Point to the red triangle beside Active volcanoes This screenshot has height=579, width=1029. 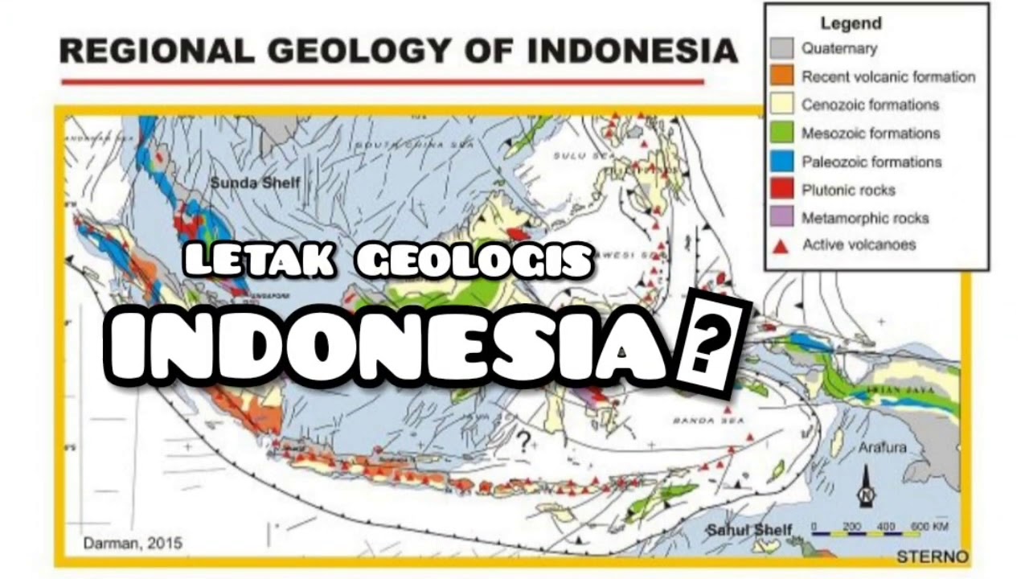click(780, 245)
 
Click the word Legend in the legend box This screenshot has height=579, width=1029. click(851, 23)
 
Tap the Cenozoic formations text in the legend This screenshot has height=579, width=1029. click(870, 105)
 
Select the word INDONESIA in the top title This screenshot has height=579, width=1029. click(633, 51)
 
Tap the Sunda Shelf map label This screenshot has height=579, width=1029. click(255, 183)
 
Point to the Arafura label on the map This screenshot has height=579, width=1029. click(882, 447)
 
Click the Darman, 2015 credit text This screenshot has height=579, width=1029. click(133, 544)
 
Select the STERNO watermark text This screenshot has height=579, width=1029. click(932, 556)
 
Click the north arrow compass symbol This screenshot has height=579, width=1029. click(866, 487)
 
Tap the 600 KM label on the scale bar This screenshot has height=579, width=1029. click(928, 527)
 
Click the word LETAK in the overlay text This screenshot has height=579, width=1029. click(259, 261)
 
